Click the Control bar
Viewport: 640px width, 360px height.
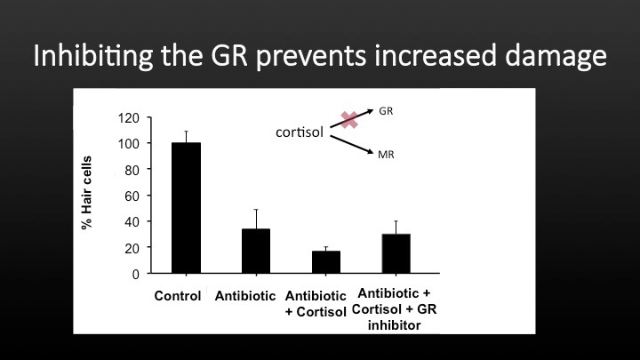click(x=186, y=208)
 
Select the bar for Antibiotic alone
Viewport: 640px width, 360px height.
click(x=256, y=251)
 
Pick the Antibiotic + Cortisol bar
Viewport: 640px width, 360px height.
click(x=325, y=262)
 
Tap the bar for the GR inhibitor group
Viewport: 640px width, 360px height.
click(x=396, y=253)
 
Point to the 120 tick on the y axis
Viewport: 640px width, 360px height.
click(x=129, y=118)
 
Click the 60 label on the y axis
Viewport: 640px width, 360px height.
click(x=132, y=196)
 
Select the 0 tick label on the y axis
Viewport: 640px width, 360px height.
click(x=135, y=275)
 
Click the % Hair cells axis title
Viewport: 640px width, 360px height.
click(x=86, y=193)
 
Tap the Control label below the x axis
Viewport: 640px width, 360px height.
click(x=178, y=295)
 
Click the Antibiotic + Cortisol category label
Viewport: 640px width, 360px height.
click(x=316, y=303)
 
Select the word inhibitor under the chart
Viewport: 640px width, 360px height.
click(x=394, y=325)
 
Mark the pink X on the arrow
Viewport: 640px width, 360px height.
click(x=349, y=120)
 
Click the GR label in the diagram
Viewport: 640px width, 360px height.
click(x=386, y=111)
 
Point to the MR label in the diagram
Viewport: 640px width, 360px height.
click(x=386, y=155)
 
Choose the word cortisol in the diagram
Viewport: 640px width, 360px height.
click(x=300, y=132)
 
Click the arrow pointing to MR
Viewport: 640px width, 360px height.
click(x=352, y=145)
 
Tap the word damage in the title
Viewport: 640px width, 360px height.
click(x=556, y=56)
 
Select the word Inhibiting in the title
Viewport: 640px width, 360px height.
click(x=93, y=56)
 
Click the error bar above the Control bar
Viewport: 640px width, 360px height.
click(x=186, y=137)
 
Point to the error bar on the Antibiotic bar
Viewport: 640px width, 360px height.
click(x=256, y=219)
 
